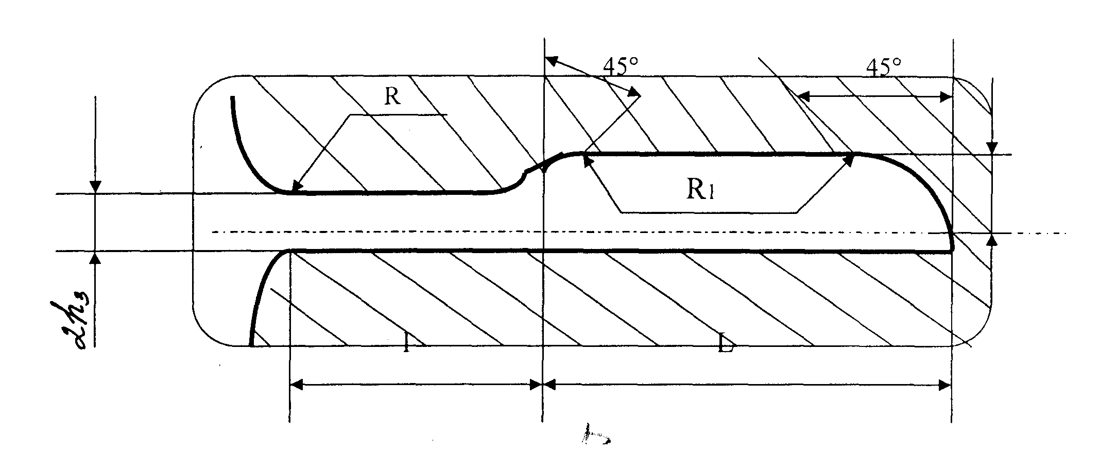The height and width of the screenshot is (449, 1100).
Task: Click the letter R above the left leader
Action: (392, 96)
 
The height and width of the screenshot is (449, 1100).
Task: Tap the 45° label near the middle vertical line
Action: (621, 66)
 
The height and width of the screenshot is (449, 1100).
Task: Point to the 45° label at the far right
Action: (884, 67)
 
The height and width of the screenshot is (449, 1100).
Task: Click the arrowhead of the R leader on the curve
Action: (295, 187)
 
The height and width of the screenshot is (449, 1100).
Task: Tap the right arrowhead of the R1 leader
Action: (849, 160)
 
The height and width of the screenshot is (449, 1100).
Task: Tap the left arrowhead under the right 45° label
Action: (801, 96)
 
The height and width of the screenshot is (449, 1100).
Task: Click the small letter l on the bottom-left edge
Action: (407, 344)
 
